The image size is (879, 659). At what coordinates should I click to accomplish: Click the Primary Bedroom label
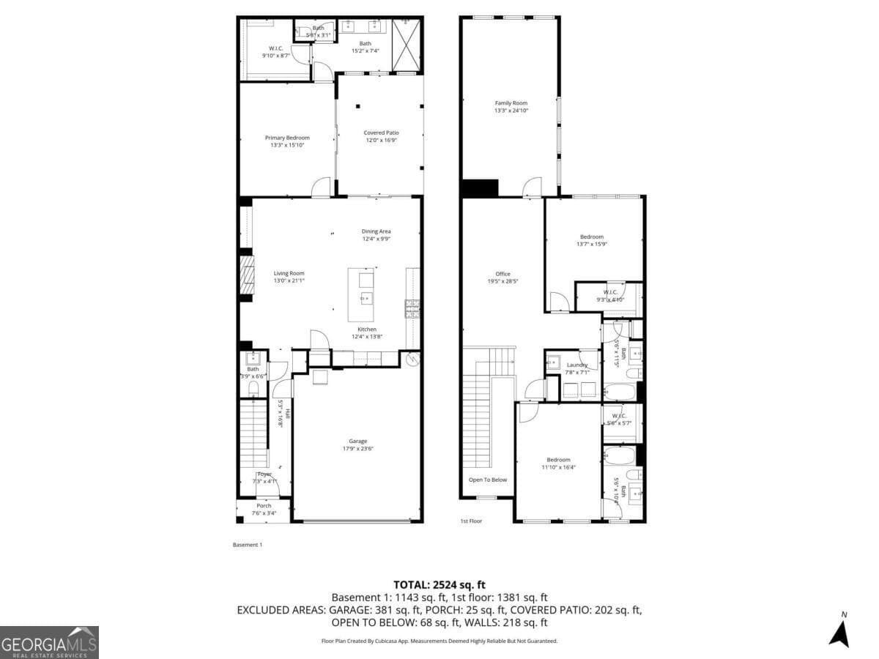287,138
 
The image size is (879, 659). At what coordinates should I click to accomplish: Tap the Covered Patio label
381,133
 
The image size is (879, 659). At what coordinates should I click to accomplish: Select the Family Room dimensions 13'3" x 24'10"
511,111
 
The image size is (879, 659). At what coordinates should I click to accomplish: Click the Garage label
357,441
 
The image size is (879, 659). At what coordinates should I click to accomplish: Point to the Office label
502,274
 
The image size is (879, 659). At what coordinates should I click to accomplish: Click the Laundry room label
577,365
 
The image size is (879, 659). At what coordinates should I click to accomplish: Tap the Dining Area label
376,231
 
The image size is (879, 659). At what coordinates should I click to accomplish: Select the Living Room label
289,273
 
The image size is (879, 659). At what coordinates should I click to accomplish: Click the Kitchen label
367,329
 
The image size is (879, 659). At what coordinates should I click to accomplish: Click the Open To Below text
488,480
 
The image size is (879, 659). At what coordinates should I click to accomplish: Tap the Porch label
264,505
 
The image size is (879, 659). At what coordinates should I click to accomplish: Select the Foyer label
264,474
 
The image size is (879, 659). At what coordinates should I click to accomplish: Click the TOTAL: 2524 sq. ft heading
439,584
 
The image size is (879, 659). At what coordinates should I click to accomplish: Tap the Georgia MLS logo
49,642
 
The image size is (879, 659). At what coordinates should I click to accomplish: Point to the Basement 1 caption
247,545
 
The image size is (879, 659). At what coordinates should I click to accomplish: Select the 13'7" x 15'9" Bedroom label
592,237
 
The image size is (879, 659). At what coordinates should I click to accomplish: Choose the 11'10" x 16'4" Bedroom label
558,460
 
